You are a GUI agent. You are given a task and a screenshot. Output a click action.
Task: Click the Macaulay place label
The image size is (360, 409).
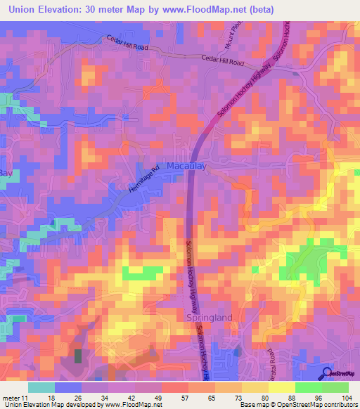coord(187,166)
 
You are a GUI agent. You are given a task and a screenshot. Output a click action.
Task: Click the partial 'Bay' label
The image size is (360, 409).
coord(6,172)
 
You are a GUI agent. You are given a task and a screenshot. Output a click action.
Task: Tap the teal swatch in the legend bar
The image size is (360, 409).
coord(41,387)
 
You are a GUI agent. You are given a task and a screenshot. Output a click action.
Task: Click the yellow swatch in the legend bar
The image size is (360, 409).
coord(281,387)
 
